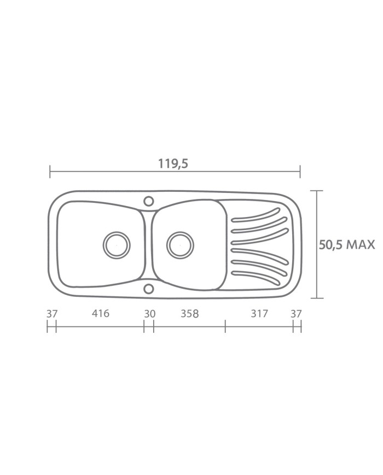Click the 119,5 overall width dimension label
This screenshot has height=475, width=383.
[173, 163]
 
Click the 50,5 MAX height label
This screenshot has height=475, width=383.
[346, 244]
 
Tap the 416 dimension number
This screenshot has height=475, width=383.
[100, 313]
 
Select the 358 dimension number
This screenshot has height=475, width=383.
[189, 314]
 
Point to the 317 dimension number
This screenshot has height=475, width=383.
[259, 313]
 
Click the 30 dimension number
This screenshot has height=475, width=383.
[149, 314]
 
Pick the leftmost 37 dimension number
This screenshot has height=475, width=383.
[52, 314]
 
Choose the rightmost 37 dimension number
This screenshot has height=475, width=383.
[296, 314]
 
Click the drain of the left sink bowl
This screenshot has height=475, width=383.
[117, 245]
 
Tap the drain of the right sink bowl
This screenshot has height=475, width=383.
[180, 245]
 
